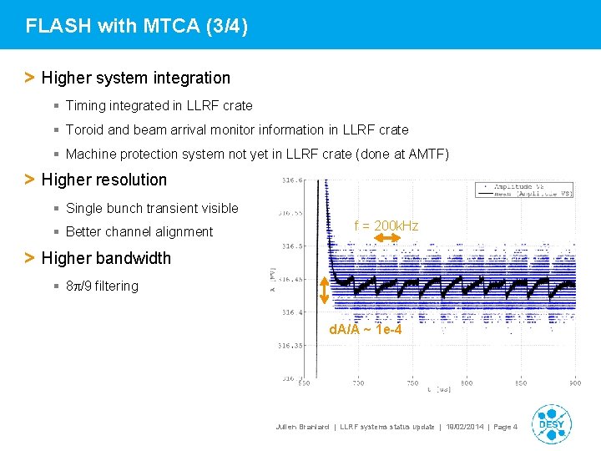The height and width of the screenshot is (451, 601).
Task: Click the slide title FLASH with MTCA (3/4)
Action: (137, 26)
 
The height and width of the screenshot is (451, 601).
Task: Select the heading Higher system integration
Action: (135, 78)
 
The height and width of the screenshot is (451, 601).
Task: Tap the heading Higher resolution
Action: (104, 180)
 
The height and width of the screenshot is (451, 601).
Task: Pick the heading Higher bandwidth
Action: (105, 258)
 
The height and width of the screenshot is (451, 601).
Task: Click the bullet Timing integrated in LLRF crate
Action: (159, 105)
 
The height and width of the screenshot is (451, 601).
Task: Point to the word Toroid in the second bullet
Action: (84, 129)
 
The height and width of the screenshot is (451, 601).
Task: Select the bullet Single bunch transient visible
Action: (152, 208)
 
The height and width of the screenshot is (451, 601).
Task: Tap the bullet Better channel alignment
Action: (139, 231)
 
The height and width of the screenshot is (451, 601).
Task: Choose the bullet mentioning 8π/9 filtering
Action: (102, 286)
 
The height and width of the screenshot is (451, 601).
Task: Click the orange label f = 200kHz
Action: (386, 225)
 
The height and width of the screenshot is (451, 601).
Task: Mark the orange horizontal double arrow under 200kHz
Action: (387, 239)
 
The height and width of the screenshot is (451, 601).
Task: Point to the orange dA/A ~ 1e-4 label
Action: (366, 330)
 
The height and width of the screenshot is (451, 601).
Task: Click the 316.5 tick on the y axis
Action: (293, 246)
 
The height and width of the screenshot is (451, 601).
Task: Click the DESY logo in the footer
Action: (551, 423)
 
